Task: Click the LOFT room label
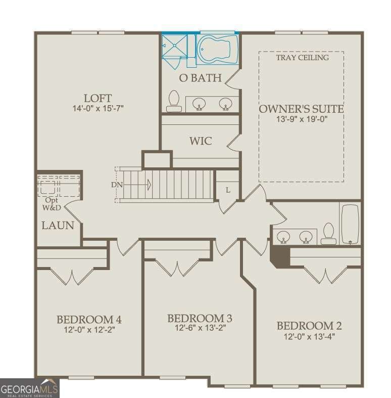tap(97, 98)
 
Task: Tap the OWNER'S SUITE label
tap(301, 109)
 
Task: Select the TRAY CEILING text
tap(302, 58)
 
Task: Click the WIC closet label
tap(201, 141)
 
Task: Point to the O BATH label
tap(201, 78)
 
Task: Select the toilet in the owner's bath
tap(174, 101)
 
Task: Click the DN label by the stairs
tap(116, 185)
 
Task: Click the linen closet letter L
tap(228, 190)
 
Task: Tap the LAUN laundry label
tap(58, 226)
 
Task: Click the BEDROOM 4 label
tap(89, 320)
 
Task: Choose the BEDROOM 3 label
tap(200, 318)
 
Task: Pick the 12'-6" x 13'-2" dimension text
tap(200, 328)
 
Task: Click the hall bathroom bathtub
tap(350, 223)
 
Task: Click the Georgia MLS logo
tap(29, 388)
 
